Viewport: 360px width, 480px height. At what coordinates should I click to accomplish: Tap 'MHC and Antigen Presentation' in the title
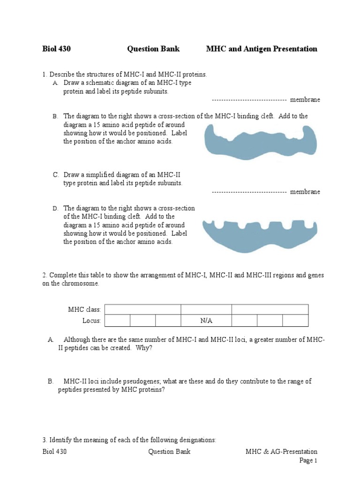(262, 49)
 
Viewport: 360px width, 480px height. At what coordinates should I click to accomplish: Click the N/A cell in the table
(206, 321)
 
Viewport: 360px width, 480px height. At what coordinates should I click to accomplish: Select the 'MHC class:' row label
(84, 309)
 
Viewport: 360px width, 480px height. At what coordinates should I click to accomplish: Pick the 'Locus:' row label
(92, 321)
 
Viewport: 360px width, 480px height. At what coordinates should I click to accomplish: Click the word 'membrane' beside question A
(305, 100)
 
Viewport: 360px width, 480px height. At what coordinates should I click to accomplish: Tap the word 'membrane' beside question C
(305, 192)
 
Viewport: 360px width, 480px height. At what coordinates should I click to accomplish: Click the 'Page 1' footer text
(308, 461)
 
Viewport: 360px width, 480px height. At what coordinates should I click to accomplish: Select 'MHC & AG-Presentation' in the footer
(281, 452)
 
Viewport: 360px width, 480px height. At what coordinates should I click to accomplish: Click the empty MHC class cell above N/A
(206, 309)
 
